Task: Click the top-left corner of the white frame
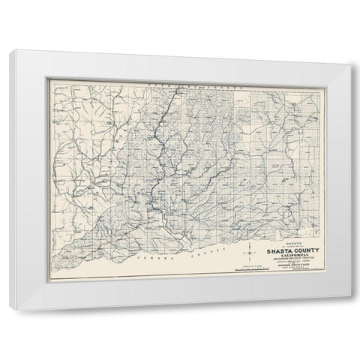[9, 51]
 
